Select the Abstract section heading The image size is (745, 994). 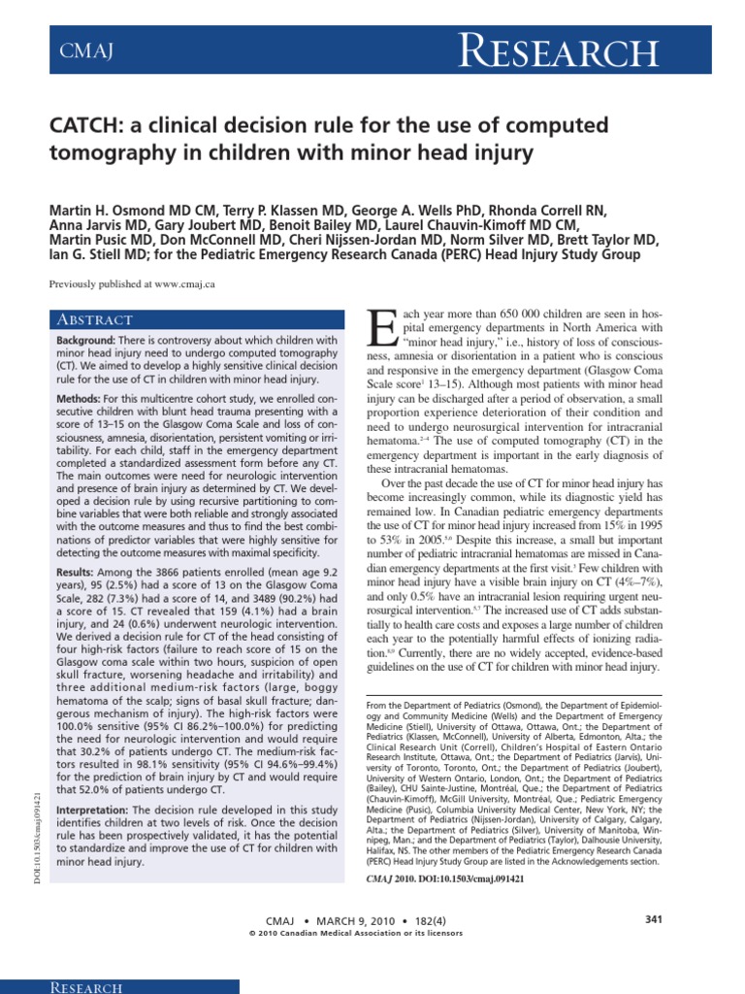94,319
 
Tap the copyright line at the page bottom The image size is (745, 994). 357,933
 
